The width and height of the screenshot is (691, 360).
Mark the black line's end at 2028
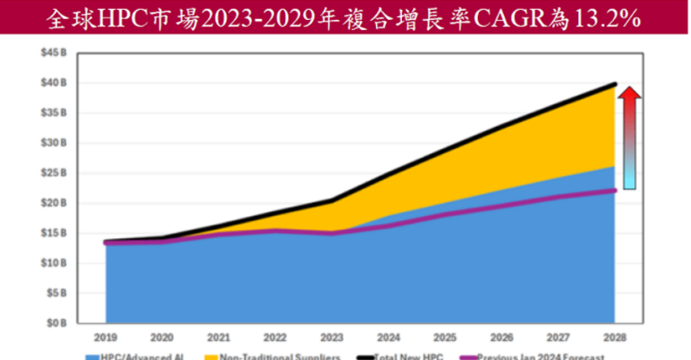[615, 84]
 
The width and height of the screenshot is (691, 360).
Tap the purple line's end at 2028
[615, 190]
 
